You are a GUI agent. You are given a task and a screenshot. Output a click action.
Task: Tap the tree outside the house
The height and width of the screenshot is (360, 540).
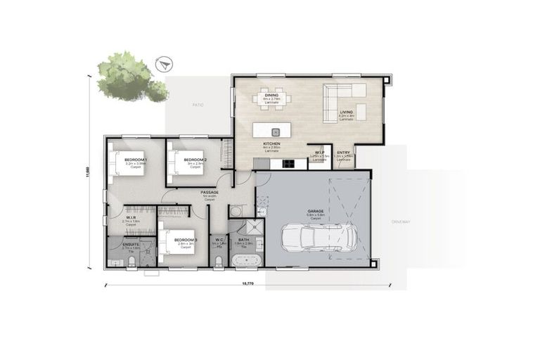point(129,76)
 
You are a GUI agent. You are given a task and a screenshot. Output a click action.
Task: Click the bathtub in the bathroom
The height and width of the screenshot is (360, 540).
point(247,261)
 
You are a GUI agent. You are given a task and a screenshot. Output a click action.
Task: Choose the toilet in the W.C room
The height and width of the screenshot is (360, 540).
point(219,261)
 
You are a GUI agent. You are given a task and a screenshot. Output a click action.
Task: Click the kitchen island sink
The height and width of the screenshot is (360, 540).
point(275,131)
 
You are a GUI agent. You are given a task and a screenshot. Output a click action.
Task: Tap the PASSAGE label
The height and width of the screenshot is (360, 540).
point(209,192)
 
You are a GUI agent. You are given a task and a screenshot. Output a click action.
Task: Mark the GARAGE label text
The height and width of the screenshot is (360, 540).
point(314,210)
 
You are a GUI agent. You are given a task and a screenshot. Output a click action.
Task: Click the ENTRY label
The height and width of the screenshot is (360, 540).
point(343,153)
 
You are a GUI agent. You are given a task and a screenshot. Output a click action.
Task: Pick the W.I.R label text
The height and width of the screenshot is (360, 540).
point(131,218)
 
